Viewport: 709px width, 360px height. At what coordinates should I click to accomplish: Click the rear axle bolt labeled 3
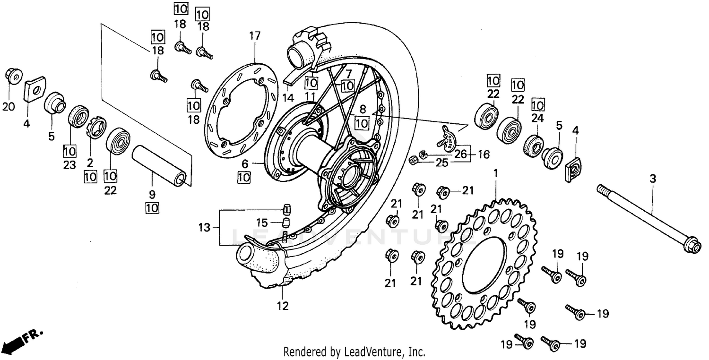648,218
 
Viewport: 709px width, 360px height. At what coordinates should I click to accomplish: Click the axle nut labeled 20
13,75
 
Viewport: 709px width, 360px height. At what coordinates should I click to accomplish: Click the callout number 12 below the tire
283,306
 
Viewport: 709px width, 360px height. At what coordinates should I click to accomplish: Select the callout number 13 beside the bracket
204,228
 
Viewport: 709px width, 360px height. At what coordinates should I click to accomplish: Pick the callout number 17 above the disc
255,35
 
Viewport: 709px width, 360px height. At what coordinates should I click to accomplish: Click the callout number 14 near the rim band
288,98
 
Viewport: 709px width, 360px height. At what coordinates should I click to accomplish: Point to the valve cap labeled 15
286,222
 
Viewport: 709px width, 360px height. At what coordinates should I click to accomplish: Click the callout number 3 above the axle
653,179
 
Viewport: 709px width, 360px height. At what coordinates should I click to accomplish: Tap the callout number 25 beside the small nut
441,163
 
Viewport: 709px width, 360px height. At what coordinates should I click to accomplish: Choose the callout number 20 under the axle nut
9,107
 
